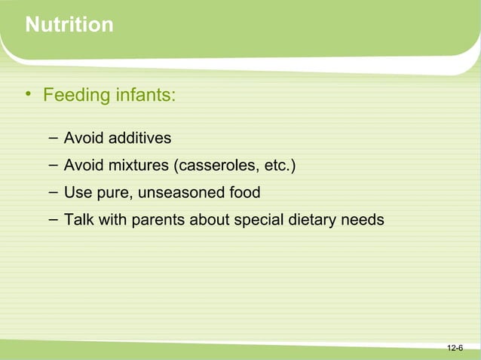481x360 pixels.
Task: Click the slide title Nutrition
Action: pos(69,26)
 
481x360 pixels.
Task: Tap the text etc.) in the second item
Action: pos(277,166)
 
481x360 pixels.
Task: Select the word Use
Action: pos(77,193)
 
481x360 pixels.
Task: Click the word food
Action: pos(244,193)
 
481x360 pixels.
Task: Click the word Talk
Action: pos(78,221)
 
